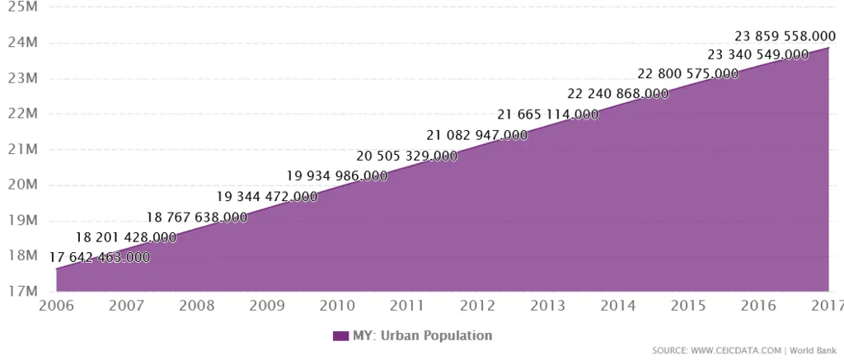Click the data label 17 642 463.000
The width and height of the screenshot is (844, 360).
pos(100,257)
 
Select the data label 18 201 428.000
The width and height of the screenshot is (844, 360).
pos(126,237)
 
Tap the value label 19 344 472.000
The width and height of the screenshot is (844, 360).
pos(267,196)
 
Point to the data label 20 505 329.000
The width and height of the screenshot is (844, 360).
pos(407,156)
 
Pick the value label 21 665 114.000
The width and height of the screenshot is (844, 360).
pos(548,115)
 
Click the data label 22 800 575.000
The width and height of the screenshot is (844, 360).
pos(688,73)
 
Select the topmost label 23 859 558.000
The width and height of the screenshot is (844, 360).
pos(785,36)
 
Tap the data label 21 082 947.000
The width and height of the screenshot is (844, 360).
pos(477,135)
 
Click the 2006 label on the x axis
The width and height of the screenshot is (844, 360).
pos(57,306)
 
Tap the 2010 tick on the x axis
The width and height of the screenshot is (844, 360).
pos(337,306)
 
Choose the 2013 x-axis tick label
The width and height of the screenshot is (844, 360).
pos(547,306)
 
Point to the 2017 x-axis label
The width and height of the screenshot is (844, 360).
pos(826,306)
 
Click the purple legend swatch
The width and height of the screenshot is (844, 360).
pos(341,335)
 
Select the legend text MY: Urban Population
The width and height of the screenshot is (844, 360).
pos(422,335)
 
